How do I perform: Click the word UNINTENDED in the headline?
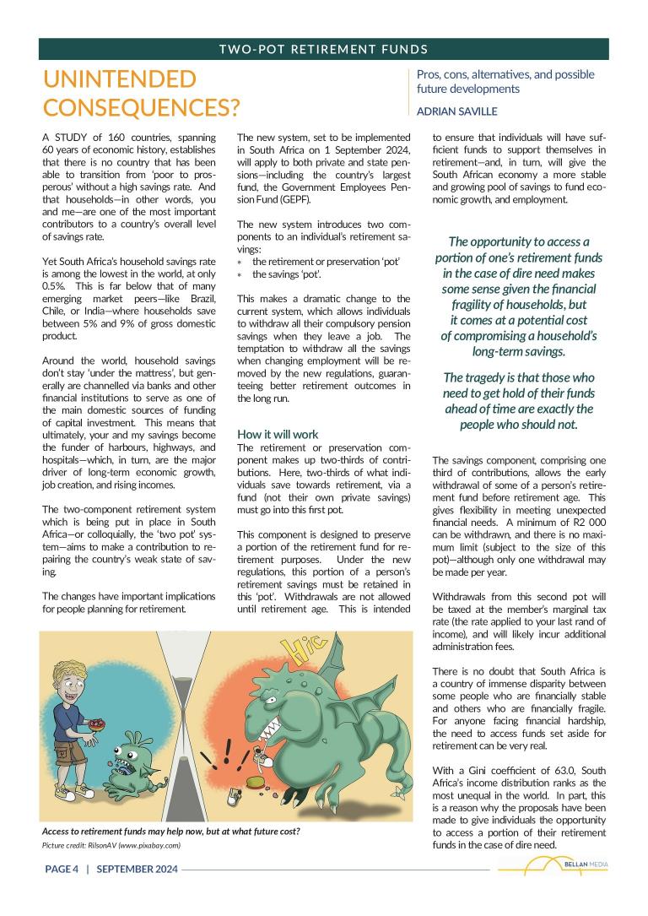pos(119,80)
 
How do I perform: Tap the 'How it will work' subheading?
pos(278,434)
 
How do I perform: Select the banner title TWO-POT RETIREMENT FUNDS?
pos(323,49)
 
